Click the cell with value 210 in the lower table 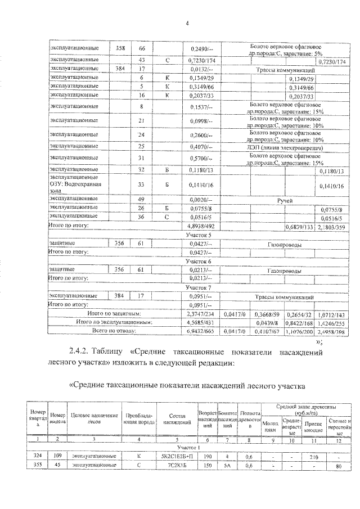click(313, 457)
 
